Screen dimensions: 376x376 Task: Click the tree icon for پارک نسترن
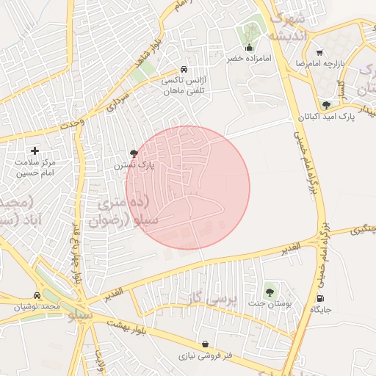pyautogui.click(x=134, y=153)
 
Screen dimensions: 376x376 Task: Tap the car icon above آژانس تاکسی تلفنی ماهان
pyautogui.click(x=193, y=70)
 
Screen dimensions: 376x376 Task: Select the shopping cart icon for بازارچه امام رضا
pyautogui.click(x=319, y=53)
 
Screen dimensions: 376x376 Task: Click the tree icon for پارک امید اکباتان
pyautogui.click(x=326, y=105)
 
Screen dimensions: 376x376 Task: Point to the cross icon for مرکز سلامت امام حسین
pyautogui.click(x=35, y=150)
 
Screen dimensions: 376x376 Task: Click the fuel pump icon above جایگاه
pyautogui.click(x=319, y=298)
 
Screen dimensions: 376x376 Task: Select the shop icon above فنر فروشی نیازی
pyautogui.click(x=204, y=344)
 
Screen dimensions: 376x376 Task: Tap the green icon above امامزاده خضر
pyautogui.click(x=251, y=32)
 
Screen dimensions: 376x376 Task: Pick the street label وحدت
pyautogui.click(x=72, y=124)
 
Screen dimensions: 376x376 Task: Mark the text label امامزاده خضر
pyautogui.click(x=250, y=58)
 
